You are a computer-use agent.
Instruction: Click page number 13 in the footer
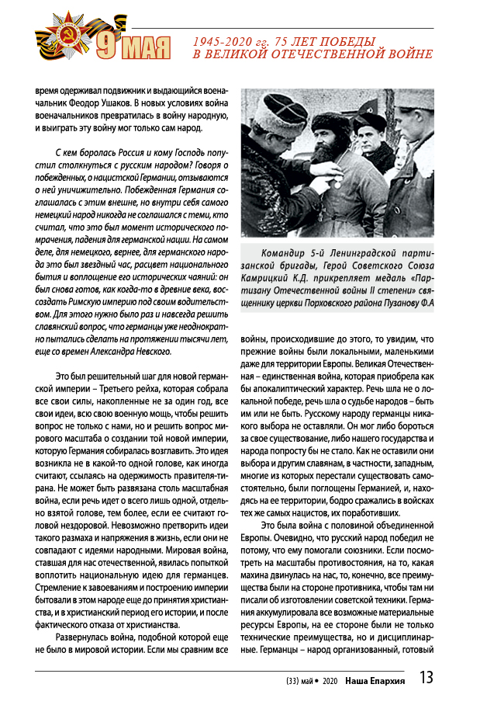426,678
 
